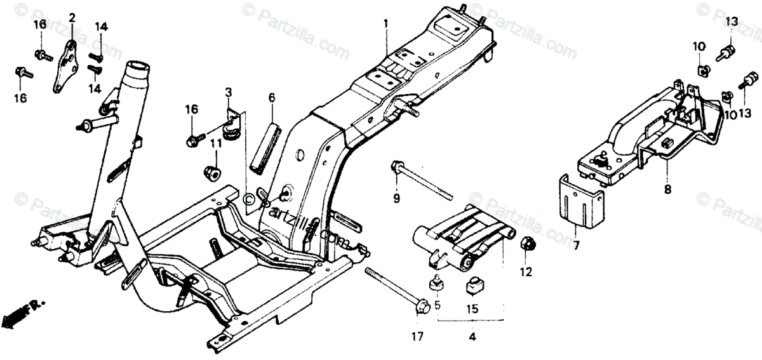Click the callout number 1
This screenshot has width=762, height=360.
tap(385, 23)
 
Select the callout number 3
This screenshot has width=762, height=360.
tap(227, 95)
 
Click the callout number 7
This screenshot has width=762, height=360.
tap(576, 244)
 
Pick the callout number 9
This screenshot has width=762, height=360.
tap(396, 199)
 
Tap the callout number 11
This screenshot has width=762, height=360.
tap(216, 144)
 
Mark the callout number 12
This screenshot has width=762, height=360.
tap(526, 274)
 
